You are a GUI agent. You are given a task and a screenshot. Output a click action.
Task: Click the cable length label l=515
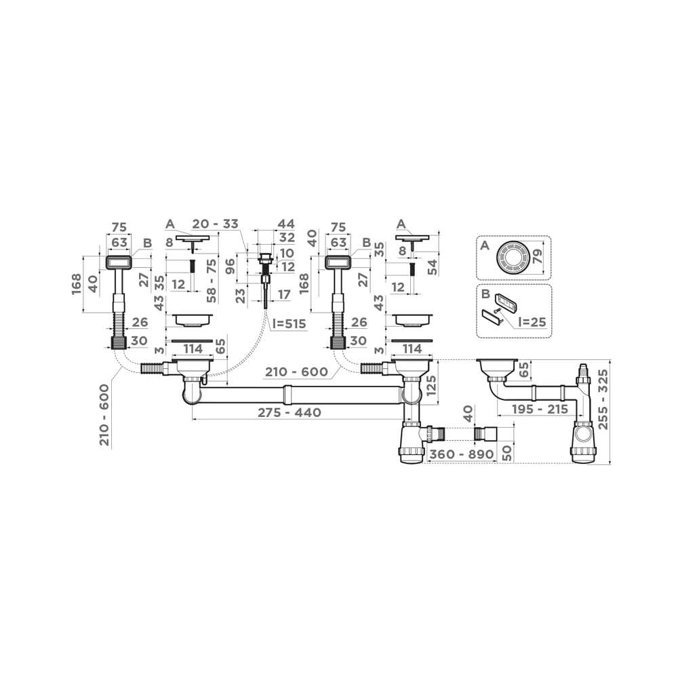289,323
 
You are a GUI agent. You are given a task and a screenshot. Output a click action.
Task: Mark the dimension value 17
282,294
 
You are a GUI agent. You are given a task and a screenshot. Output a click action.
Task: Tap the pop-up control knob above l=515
265,258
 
